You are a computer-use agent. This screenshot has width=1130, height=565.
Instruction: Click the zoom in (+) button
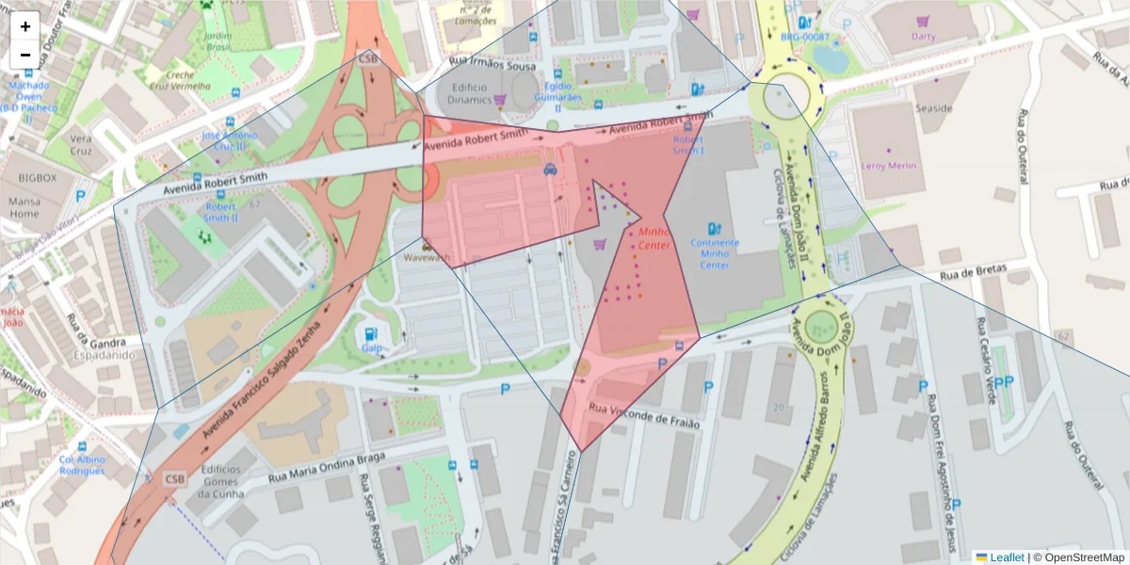[x=25, y=26]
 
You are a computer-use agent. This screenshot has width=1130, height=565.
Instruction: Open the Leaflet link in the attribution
[x=1006, y=557]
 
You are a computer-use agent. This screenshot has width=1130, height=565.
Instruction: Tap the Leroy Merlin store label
[x=889, y=167]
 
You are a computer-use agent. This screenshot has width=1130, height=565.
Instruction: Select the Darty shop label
[x=923, y=37]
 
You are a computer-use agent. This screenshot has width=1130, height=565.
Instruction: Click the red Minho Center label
[x=654, y=238]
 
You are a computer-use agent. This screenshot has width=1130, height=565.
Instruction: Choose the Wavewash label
[x=427, y=256]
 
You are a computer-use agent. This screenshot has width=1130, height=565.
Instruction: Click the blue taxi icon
[x=549, y=170]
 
